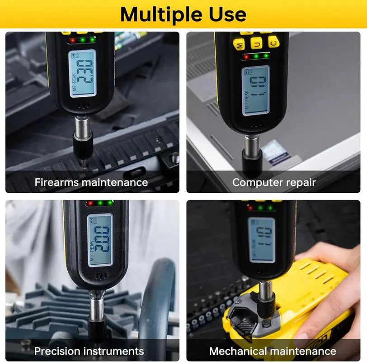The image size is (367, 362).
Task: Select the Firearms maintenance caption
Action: pyautogui.click(x=91, y=182)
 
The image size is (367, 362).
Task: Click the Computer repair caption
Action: pyautogui.click(x=274, y=182)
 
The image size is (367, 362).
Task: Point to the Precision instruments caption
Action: pyautogui.click(x=89, y=351)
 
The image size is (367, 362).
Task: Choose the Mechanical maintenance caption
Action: pyautogui.click(x=273, y=351)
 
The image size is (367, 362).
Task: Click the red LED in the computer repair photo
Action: pyautogui.click(x=246, y=57)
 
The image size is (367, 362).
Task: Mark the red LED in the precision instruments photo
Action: pyautogui.click(x=90, y=204)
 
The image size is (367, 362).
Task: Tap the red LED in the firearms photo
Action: pyautogui.click(x=72, y=40)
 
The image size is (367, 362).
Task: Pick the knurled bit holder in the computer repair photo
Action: pyautogui.click(x=252, y=161)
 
